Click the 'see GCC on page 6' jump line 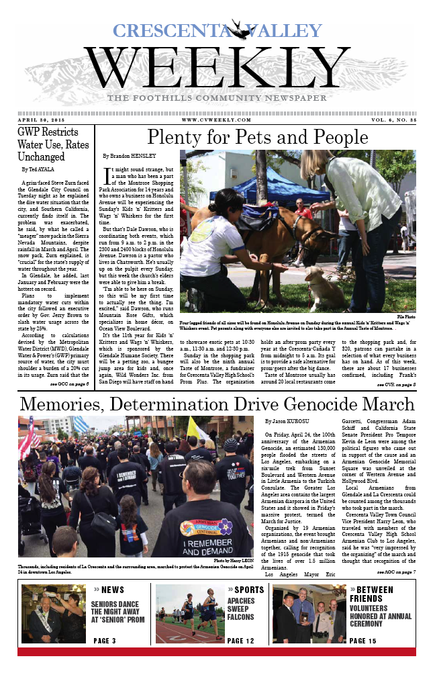coord(69,384)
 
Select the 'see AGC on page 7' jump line coord(396,572)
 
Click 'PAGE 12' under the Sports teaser coord(241,641)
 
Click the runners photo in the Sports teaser coord(188,613)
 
